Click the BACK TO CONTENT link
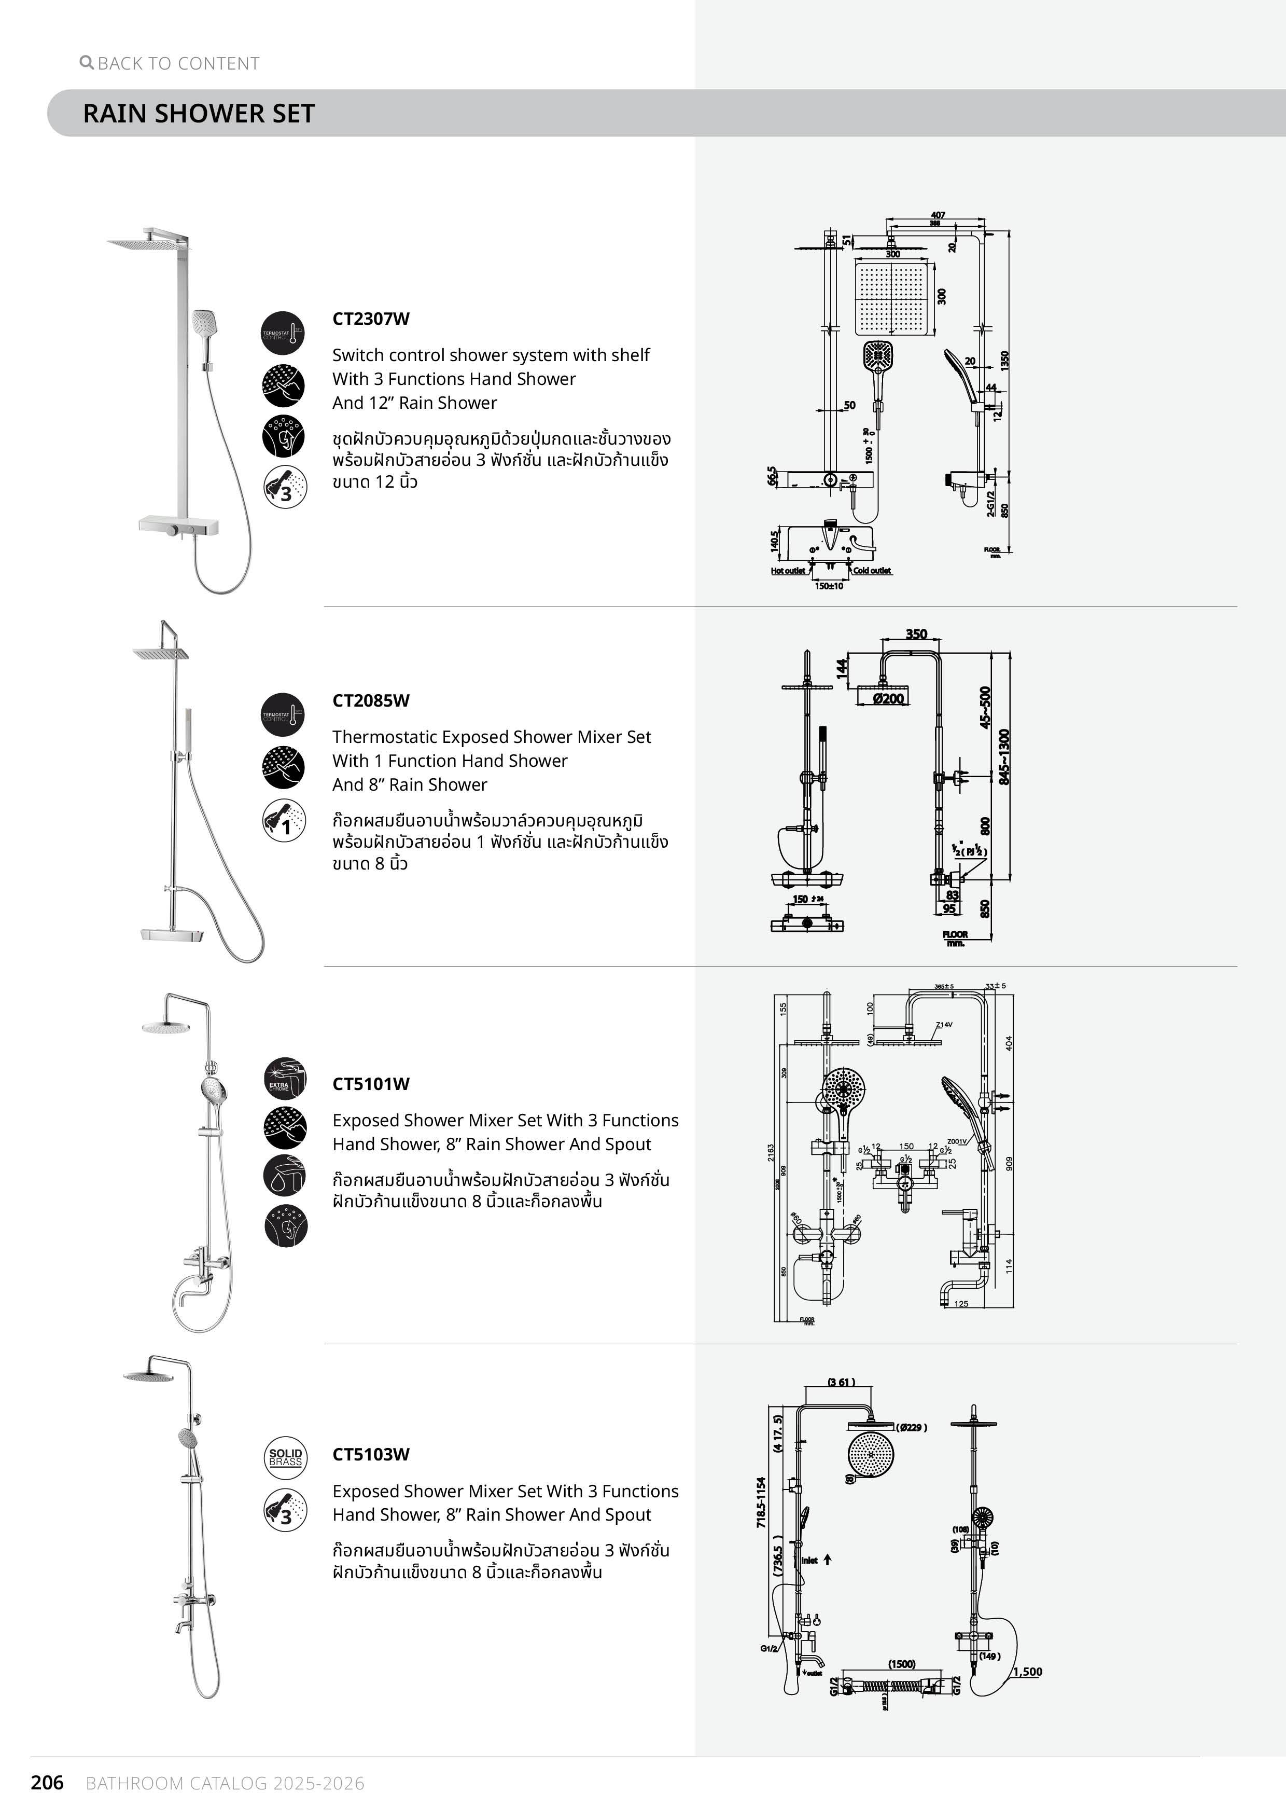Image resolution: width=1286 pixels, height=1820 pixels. [x=171, y=63]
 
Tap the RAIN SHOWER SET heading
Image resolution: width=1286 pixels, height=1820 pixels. [x=199, y=113]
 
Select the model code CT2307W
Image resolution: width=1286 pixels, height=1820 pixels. [x=371, y=319]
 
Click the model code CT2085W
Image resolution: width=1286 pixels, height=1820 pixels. [x=371, y=701]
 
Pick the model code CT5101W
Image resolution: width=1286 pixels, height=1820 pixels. [x=371, y=1084]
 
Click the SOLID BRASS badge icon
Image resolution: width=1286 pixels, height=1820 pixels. [x=285, y=1457]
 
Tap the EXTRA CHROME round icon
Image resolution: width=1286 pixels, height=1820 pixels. [x=285, y=1079]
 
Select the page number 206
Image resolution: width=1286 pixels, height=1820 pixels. [x=47, y=1783]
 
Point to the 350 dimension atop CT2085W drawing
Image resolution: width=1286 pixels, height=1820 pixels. [x=916, y=634]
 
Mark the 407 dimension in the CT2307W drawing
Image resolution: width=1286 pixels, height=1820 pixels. [x=938, y=215]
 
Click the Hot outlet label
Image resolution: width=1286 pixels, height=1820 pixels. [x=788, y=571]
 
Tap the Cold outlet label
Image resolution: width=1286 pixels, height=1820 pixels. [x=872, y=571]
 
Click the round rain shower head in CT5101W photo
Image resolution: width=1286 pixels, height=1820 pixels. [x=165, y=1028]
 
